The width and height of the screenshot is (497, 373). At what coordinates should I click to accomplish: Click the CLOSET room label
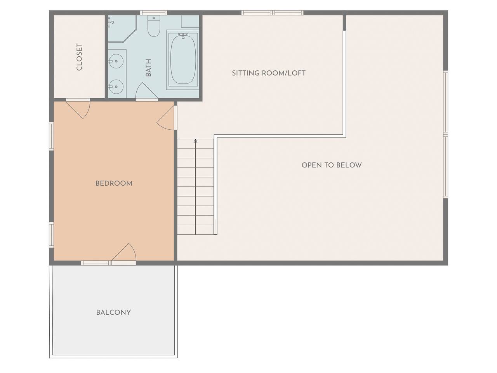click(79, 57)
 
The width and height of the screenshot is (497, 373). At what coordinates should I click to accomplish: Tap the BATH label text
click(148, 68)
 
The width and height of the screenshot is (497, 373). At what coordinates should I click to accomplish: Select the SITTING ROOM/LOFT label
click(269, 73)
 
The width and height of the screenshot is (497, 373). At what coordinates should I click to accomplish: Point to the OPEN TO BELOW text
click(332, 165)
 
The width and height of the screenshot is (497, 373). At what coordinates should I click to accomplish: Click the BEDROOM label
click(114, 183)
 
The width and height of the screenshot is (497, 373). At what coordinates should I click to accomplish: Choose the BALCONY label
click(113, 312)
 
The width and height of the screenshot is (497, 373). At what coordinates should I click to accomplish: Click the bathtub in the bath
click(183, 60)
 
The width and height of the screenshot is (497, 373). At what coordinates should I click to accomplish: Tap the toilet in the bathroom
click(154, 26)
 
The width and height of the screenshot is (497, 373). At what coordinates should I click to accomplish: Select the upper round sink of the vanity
click(116, 61)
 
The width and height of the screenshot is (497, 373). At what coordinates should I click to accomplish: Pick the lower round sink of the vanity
click(116, 87)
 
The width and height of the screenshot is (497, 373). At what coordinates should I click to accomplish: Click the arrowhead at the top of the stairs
click(195, 141)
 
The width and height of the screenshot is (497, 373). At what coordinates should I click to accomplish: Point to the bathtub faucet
click(183, 35)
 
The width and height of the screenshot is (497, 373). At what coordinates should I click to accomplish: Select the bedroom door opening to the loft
click(167, 118)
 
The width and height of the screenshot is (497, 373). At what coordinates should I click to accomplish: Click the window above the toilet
click(153, 13)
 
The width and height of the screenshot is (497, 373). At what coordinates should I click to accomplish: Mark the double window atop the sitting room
click(272, 13)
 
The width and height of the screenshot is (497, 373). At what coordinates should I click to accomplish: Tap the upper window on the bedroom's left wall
click(51, 136)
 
